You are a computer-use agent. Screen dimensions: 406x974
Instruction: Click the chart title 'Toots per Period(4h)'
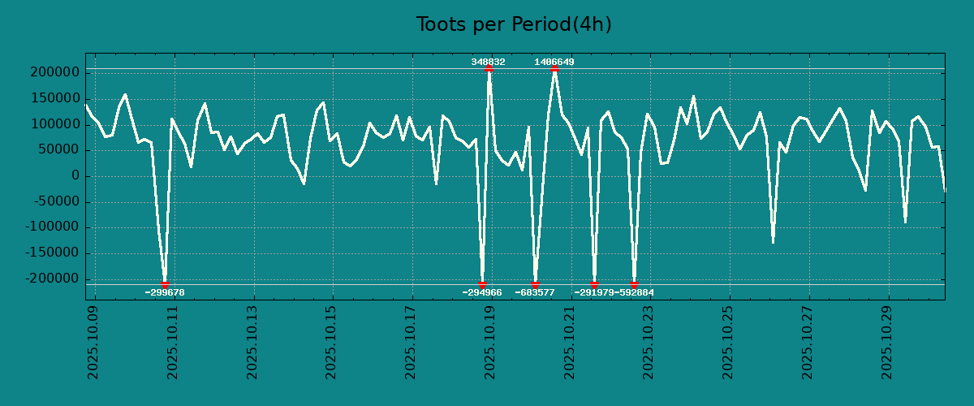513,24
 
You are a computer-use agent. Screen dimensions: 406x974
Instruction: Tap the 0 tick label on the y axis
75,176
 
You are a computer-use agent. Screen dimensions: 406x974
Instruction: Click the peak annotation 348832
488,62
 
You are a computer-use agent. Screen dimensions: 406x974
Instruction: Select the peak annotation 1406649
554,62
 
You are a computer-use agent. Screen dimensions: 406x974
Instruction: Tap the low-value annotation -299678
165,292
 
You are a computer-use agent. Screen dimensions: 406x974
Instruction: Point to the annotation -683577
535,292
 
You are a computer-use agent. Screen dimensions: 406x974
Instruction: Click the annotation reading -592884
634,292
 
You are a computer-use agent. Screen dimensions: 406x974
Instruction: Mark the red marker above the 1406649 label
554,69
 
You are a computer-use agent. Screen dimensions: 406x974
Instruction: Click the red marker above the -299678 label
165,284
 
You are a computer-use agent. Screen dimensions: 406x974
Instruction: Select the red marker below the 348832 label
489,69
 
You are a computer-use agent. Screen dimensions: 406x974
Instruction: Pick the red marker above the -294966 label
482,284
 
